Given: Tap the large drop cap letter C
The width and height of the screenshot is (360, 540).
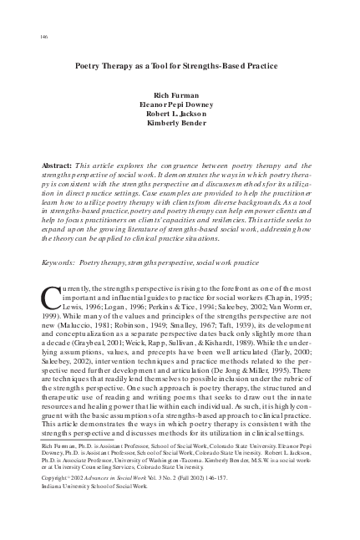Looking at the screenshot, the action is coord(48,297).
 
